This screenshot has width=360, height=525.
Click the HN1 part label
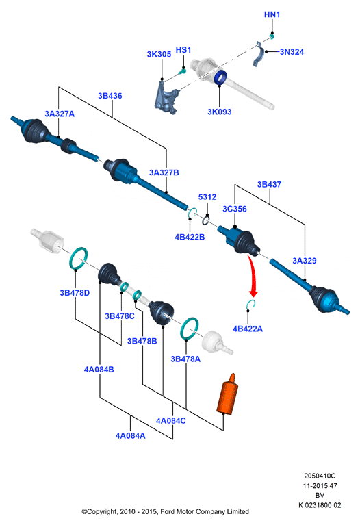point(272,14)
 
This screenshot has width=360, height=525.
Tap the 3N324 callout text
point(292,51)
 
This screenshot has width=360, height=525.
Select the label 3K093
point(219,112)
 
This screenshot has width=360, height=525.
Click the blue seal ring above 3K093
point(220,77)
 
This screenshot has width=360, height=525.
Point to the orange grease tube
point(228,394)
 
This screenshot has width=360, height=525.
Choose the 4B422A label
point(248,329)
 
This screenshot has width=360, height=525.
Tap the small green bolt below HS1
point(183,71)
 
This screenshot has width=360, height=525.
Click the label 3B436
point(110,96)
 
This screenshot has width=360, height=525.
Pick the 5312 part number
point(207,197)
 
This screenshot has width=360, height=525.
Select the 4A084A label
point(130,435)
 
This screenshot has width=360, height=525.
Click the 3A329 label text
point(305,261)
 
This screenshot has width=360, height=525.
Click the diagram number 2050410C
point(320,476)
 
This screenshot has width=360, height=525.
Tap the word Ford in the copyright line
point(168,511)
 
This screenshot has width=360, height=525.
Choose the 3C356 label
point(235,209)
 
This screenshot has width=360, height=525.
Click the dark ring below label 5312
point(205,220)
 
